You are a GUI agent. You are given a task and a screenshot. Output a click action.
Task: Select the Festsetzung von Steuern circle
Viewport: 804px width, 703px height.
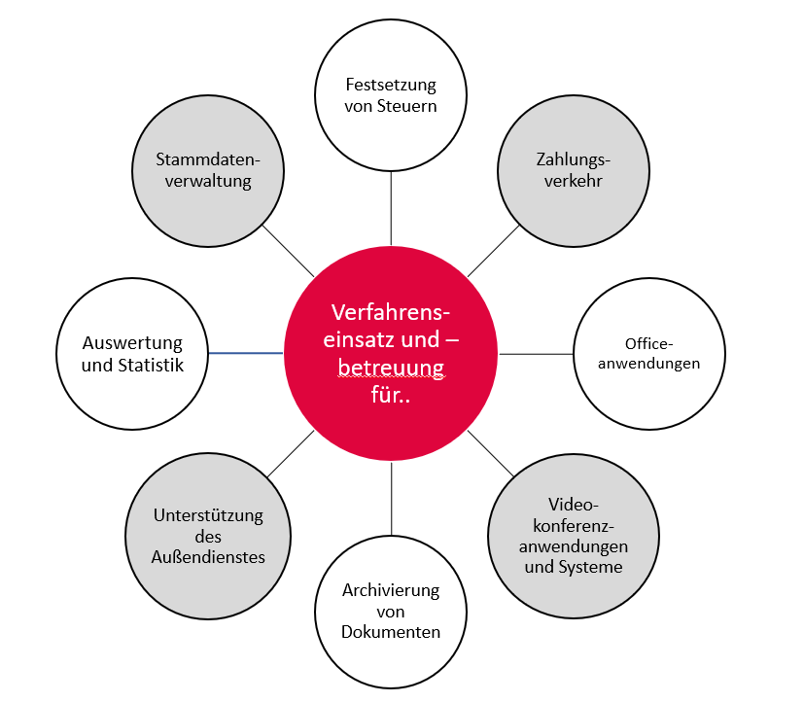(x=391, y=94)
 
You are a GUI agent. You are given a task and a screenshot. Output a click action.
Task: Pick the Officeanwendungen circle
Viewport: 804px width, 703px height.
(x=648, y=354)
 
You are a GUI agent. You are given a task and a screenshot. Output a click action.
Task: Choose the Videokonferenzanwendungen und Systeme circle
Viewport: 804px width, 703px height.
(x=573, y=534)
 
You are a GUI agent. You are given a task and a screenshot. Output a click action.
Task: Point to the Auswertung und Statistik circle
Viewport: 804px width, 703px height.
(x=132, y=354)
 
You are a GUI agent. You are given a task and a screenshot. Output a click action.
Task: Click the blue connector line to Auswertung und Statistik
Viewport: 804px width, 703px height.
(x=246, y=353)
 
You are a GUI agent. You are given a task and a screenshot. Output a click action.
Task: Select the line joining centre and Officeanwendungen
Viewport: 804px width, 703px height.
(x=536, y=354)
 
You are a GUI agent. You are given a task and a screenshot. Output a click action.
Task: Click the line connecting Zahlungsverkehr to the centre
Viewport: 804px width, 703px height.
(x=494, y=252)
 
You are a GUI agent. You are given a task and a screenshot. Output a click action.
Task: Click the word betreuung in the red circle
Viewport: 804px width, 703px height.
(x=391, y=367)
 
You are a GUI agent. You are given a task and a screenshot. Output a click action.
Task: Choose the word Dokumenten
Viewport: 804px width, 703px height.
(x=391, y=632)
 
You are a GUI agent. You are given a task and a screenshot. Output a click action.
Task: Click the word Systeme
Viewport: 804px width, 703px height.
(x=590, y=566)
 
